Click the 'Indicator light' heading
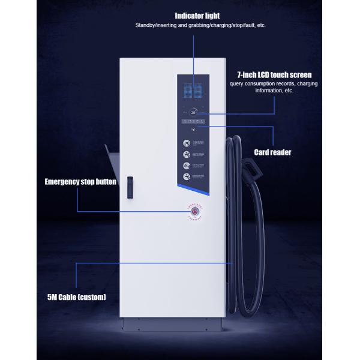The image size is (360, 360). click(197, 15)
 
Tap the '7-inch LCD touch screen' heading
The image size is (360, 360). click(274, 75)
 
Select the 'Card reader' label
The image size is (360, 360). click(273, 152)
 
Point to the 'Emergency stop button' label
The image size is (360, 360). click(80, 181)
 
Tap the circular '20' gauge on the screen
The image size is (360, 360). click(194, 112)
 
